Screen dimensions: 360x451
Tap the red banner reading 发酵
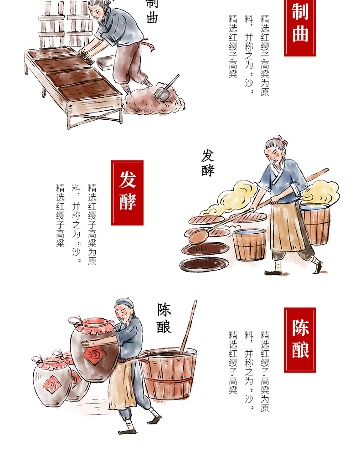click(127, 193)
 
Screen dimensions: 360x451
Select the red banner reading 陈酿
click(300, 340)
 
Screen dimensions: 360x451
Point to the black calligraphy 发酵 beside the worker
click(208, 163)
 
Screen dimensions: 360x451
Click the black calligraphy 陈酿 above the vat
click(164, 318)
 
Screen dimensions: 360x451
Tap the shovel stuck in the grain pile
click(166, 88)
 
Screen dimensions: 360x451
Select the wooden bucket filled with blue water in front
click(249, 245)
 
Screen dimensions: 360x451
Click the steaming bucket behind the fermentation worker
click(315, 223)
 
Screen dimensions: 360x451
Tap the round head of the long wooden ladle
click(199, 236)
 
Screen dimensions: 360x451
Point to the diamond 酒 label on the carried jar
click(94, 354)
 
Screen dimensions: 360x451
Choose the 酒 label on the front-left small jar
click(52, 385)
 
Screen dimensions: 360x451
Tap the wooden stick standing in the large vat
click(189, 327)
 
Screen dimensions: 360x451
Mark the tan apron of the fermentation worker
click(287, 227)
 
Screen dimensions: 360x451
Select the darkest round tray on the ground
click(204, 265)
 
